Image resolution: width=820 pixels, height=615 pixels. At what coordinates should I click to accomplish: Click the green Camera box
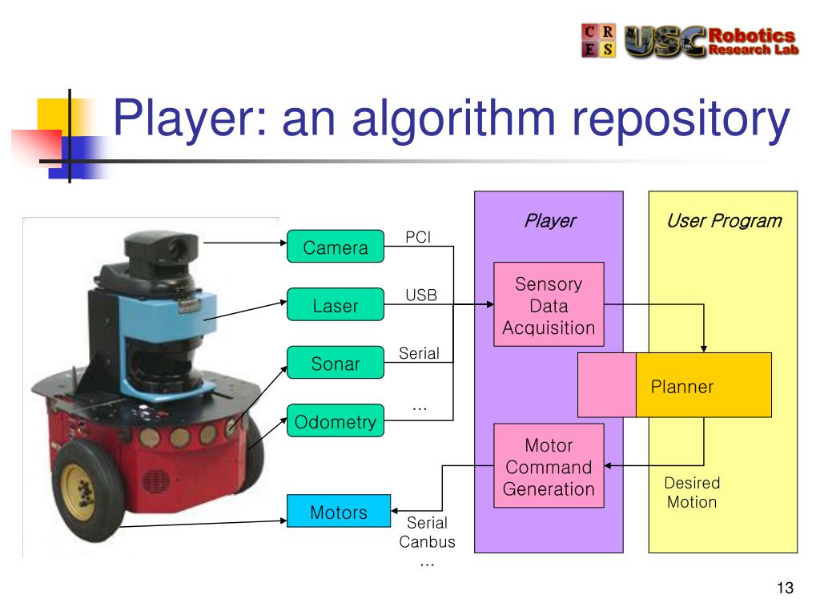coord(336,247)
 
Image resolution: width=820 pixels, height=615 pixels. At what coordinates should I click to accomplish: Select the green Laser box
coord(336,304)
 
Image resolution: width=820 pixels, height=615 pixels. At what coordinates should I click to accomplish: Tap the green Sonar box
coord(336,363)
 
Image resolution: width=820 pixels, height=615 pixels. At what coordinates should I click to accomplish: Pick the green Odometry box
coord(336,420)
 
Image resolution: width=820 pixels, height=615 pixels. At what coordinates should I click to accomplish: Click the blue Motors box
coord(339,511)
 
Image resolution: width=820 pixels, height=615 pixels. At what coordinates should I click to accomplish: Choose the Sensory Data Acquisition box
coord(549,304)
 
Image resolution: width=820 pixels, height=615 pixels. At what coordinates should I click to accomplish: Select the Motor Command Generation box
coord(549,466)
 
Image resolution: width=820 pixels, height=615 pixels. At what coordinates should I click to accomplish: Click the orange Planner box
coord(703,385)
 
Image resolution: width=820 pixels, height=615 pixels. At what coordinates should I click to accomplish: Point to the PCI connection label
coord(418,237)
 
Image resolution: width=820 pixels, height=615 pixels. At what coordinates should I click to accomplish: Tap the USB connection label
coord(421,295)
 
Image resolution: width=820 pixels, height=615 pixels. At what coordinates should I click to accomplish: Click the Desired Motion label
coord(692,492)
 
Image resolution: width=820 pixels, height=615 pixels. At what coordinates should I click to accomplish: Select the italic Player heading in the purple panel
coord(549,221)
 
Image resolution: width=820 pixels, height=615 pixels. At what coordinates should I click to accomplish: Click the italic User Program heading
coord(724,221)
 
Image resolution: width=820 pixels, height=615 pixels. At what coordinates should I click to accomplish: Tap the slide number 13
coord(785,588)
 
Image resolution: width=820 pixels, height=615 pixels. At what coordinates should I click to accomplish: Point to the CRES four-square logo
coord(598,40)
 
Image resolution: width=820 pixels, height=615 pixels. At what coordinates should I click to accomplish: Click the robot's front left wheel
coord(85,491)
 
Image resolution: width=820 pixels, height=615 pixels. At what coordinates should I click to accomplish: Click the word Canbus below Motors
coord(427,542)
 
